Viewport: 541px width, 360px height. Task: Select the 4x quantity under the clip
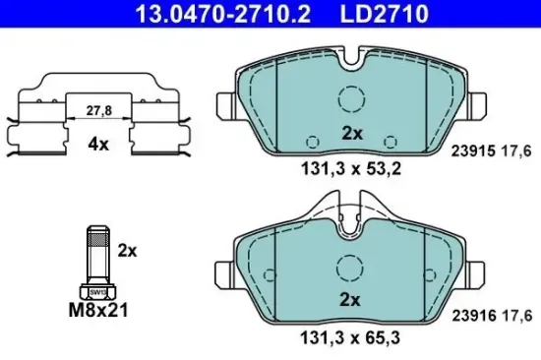pos(96,144)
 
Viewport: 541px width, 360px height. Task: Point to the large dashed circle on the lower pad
pos(349,267)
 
